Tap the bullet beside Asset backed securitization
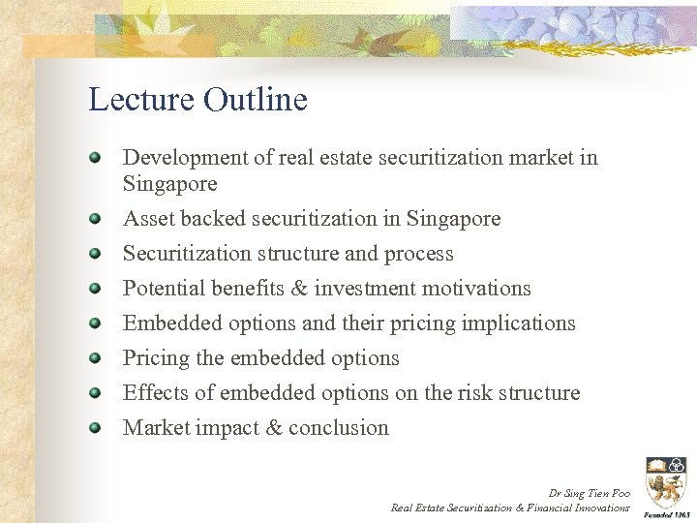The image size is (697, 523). (95, 218)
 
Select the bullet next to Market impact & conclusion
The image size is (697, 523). (95, 427)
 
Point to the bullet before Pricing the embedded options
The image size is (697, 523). (95, 357)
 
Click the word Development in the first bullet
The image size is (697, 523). (182, 158)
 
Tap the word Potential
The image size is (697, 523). (160, 289)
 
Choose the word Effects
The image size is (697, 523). (155, 393)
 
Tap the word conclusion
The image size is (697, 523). (338, 428)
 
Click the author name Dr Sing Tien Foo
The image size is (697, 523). (589, 493)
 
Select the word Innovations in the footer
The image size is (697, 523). (601, 508)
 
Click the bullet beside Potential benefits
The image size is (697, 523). (95, 288)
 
